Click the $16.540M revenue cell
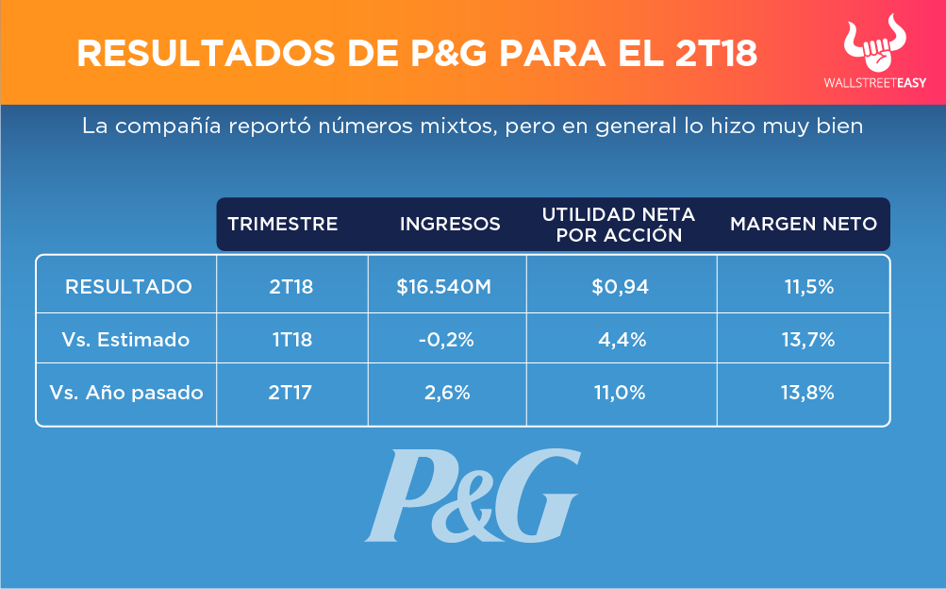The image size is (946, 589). pos(444,287)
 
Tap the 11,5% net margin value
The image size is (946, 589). pos(809,287)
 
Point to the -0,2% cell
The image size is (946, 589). pos(444,340)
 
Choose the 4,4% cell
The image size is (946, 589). pos(622,340)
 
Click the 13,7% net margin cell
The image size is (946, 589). pos(809,340)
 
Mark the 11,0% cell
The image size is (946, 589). pos(621,393)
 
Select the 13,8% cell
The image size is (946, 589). pos(809,393)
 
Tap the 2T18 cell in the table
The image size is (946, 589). pos(290,287)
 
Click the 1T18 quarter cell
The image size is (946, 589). pos(292,340)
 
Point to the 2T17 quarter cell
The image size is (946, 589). pos(290,393)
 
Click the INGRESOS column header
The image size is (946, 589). pos(450,225)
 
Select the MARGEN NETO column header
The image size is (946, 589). pos(804,225)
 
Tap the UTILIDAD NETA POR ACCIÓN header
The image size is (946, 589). pos(619,225)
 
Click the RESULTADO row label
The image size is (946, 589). pos(128,287)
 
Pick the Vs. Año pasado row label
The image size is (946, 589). pos(127,393)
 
